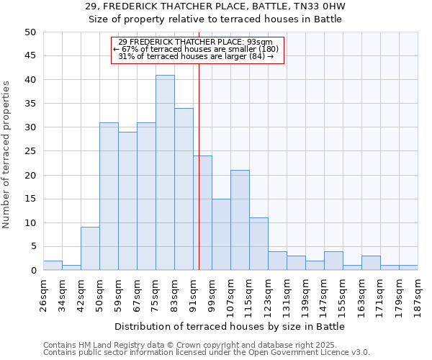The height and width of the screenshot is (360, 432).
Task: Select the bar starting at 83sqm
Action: pos(184,189)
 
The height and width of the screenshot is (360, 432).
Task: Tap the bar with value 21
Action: pos(240,220)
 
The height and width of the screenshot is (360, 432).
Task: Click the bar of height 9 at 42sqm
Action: pos(90,249)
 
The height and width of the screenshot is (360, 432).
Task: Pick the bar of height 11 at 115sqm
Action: pos(258,244)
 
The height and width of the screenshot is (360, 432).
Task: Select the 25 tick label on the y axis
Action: pos(30,151)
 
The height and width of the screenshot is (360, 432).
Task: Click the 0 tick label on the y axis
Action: pos(33,271)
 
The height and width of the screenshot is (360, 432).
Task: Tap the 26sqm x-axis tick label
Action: pos(44,294)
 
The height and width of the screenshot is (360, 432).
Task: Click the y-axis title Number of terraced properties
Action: pos(7,155)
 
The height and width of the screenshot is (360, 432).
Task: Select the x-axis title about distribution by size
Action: pos(230,327)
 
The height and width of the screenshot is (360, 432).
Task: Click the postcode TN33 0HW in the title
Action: pos(312,6)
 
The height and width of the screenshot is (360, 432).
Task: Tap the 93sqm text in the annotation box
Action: pos(260,42)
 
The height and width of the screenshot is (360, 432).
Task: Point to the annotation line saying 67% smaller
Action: pos(198,49)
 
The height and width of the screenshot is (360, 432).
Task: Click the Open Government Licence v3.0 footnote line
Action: pos(207,352)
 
